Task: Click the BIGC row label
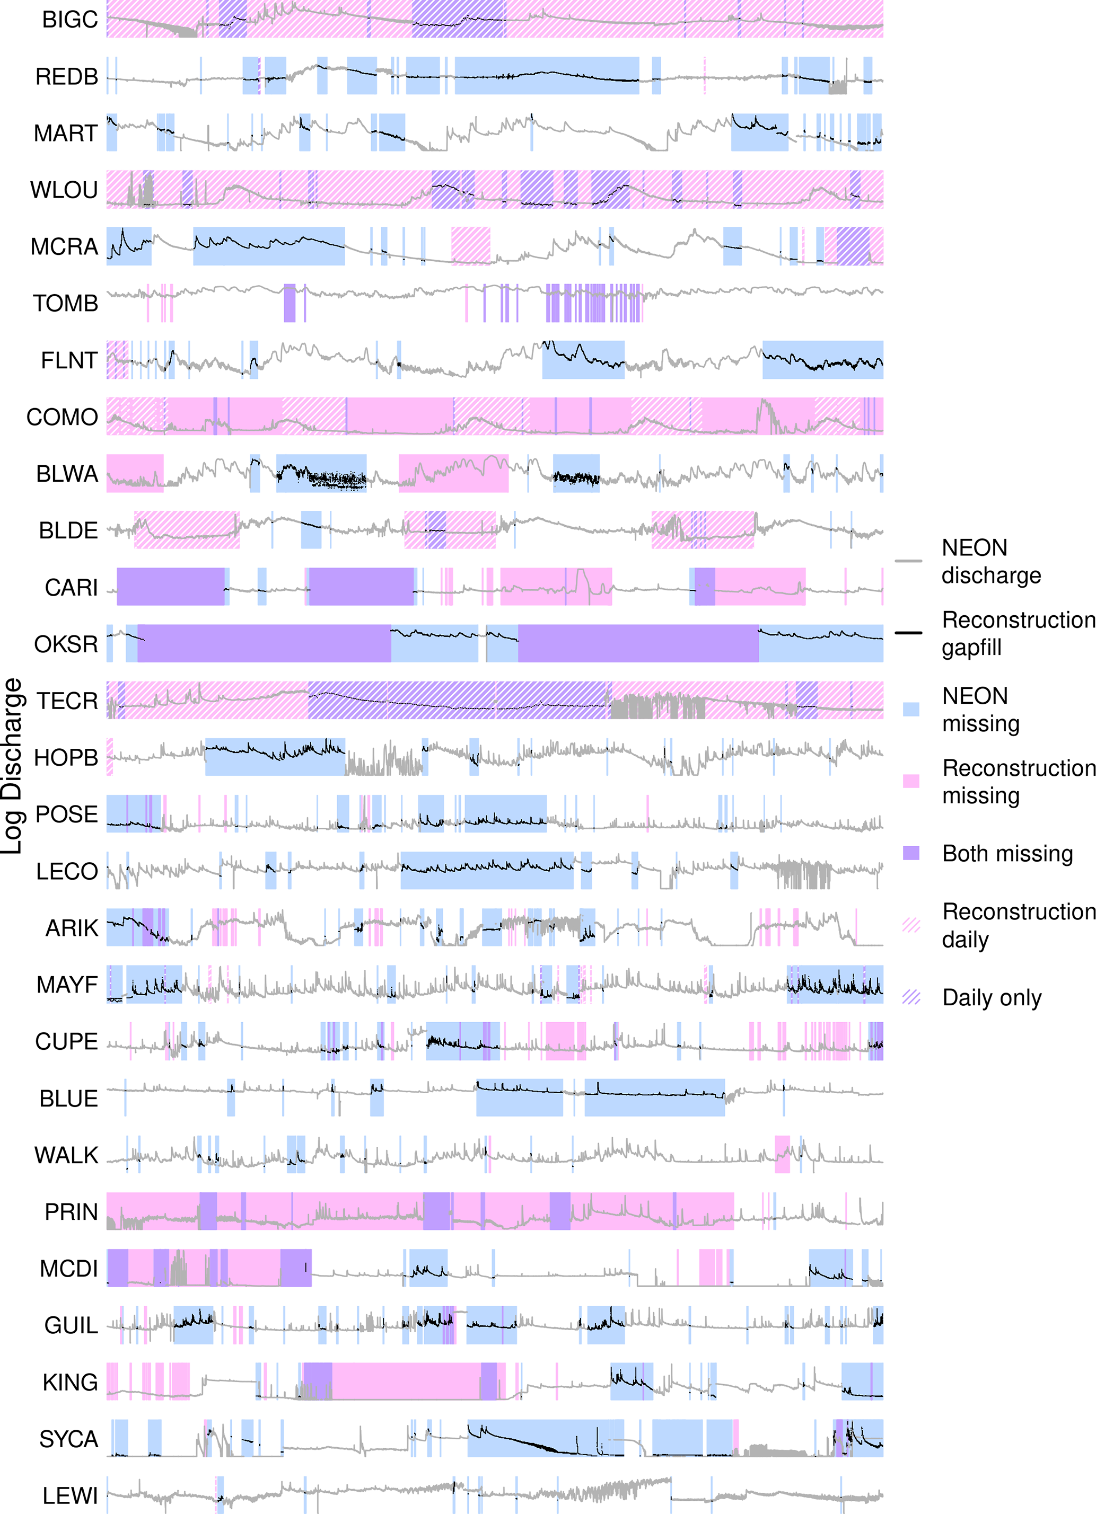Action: pos(69,20)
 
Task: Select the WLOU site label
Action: pos(64,190)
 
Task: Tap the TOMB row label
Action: pos(65,304)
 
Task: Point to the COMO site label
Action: pos(62,417)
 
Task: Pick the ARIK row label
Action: pos(72,928)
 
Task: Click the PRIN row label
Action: pos(71,1211)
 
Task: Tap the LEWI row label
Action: pos(70,1495)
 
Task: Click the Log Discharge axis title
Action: pos(12,766)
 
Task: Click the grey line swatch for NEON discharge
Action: pos(908,561)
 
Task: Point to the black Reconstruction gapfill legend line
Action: pos(908,632)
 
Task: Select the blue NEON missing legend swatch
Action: pos(911,709)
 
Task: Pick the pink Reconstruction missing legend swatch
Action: pos(911,781)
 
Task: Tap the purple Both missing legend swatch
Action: pos(911,853)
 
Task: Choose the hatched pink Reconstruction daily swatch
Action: pos(911,925)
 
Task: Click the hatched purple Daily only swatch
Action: pos(911,997)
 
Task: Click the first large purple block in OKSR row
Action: pos(264,643)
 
